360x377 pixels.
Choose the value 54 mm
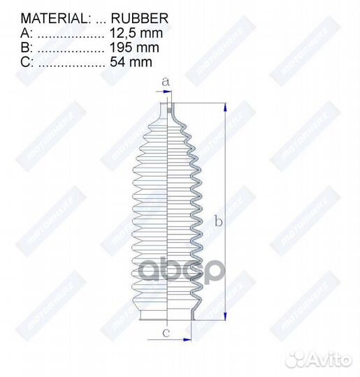coord(131,63)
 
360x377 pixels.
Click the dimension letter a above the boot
coord(166,82)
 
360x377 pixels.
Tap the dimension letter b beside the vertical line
coord(218,222)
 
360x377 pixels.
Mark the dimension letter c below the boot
coord(166,332)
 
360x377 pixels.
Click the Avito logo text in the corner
coord(329,360)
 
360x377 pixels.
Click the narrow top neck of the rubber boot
coord(165,110)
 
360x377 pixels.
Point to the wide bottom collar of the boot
coord(166,316)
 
